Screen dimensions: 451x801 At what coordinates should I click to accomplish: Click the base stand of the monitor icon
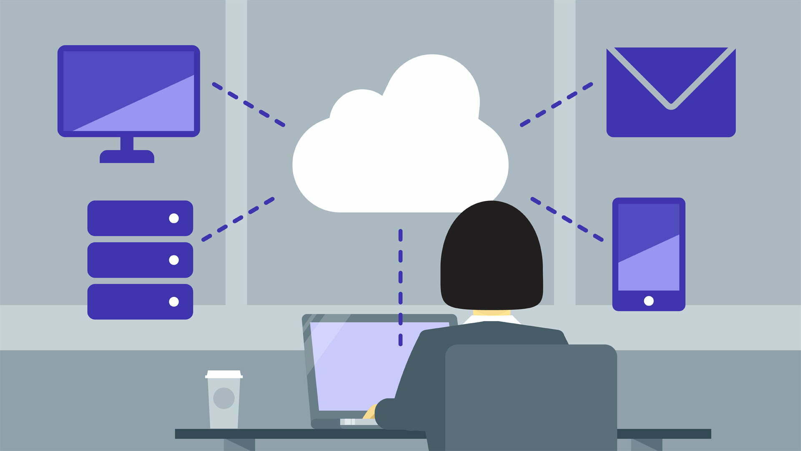click(127, 157)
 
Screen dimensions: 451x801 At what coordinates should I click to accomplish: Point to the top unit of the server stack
click(140, 218)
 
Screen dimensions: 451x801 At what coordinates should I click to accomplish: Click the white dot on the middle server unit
click(174, 260)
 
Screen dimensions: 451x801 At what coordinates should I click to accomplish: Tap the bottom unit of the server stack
click(140, 302)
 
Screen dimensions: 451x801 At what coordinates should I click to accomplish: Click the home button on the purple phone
click(649, 301)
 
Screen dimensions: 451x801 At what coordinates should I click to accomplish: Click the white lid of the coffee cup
click(224, 374)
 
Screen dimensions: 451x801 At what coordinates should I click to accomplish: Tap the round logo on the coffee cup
click(224, 398)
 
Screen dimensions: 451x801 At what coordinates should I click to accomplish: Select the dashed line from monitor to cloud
click(249, 105)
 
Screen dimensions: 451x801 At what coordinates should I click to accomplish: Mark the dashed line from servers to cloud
click(238, 219)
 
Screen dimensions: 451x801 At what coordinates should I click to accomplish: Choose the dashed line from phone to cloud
click(567, 219)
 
